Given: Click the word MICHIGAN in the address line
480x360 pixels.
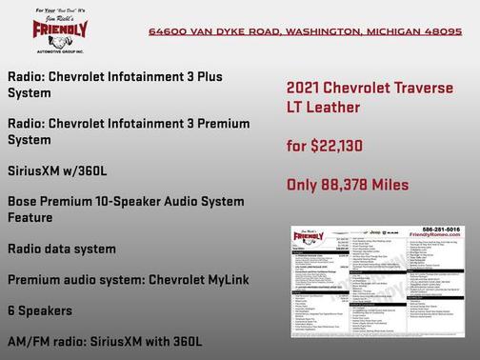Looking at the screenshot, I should coord(391,31).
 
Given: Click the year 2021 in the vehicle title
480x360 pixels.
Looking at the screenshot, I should coord(306,88).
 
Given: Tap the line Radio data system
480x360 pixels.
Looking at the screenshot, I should coord(62,249).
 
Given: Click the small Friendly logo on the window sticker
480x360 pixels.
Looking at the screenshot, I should coord(311,235).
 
